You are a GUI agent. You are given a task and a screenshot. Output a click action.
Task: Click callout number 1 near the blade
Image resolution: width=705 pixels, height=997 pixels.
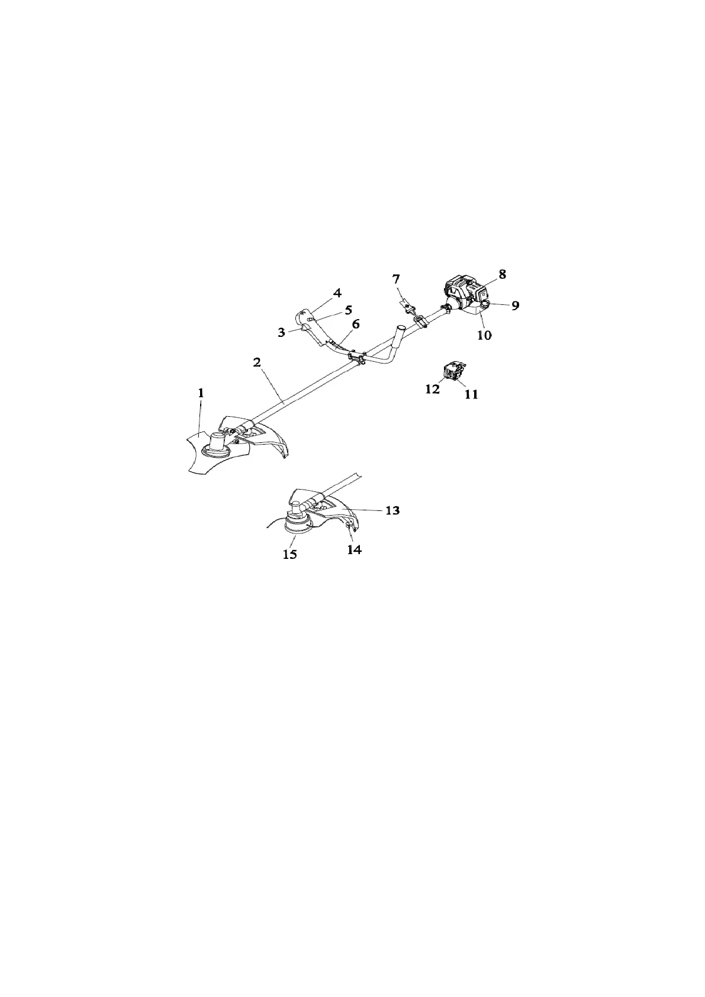(201, 393)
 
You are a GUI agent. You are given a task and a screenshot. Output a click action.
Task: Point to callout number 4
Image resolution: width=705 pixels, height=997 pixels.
(337, 292)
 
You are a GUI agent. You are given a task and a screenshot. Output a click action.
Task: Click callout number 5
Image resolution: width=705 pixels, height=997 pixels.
(348, 309)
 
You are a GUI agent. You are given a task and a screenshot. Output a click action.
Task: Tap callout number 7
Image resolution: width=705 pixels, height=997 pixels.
(397, 278)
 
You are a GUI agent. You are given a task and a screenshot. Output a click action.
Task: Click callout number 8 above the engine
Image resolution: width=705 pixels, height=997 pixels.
(502, 274)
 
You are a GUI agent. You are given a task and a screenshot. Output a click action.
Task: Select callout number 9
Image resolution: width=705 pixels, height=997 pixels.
(515, 305)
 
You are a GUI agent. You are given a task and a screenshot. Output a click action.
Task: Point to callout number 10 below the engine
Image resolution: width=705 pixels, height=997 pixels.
(484, 335)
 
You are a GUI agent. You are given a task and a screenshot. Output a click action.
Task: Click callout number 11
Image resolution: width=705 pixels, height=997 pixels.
(471, 394)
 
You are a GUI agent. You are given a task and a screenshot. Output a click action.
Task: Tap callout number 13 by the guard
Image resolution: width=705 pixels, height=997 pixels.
(392, 510)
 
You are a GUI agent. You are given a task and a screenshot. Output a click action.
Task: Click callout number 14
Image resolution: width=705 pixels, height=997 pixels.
(354, 549)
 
